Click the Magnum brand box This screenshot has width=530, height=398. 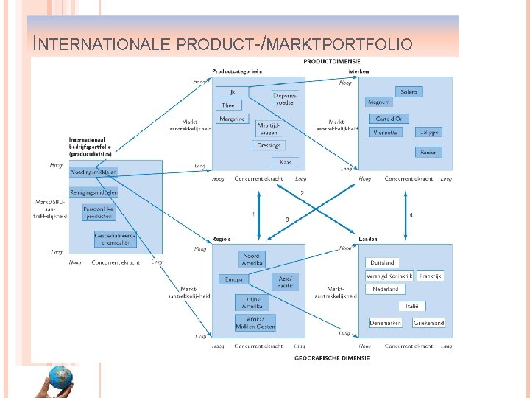pyautogui.click(x=380, y=102)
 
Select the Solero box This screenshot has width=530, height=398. pyautogui.click(x=409, y=92)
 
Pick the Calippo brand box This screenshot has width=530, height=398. pyautogui.click(x=428, y=133)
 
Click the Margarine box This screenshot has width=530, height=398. pyautogui.click(x=233, y=119)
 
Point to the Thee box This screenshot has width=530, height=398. pyautogui.click(x=228, y=105)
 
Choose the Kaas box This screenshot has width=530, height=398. pyautogui.click(x=286, y=162)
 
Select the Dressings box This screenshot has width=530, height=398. pyautogui.click(x=269, y=145)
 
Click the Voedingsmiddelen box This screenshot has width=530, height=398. pyautogui.click(x=93, y=172)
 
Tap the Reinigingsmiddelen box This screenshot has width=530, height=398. pyautogui.click(x=93, y=192)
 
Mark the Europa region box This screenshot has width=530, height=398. pyautogui.click(x=233, y=280)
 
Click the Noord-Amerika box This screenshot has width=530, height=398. pyautogui.click(x=251, y=259)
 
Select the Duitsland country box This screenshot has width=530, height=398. pyautogui.click(x=383, y=262)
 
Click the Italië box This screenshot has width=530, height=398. pyautogui.click(x=411, y=306)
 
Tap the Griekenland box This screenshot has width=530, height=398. pyautogui.click(x=428, y=323)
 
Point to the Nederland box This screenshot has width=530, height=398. pyautogui.click(x=386, y=290)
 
